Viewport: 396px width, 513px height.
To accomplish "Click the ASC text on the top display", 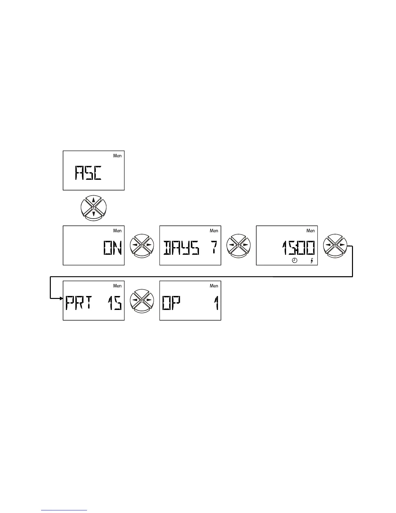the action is pyautogui.click(x=88, y=173).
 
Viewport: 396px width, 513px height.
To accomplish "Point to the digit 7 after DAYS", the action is pyautogui.click(x=213, y=248).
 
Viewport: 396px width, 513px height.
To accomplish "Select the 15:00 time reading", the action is pyautogui.click(x=298, y=249).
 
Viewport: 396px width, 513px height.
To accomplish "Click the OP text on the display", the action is pyautogui.click(x=171, y=303).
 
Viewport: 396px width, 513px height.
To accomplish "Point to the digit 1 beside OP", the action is pyautogui.click(x=216, y=303).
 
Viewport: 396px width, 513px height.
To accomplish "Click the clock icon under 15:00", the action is pyautogui.click(x=295, y=261).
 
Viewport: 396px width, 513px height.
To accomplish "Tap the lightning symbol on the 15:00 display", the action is pyautogui.click(x=312, y=261).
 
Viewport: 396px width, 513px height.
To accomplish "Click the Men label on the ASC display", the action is pyautogui.click(x=117, y=156).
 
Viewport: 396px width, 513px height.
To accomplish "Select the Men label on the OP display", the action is pyautogui.click(x=214, y=286).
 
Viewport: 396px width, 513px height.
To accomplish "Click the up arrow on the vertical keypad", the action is pyautogui.click(x=93, y=200).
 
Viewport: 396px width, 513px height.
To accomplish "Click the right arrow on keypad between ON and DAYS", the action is pyautogui.click(x=148, y=245).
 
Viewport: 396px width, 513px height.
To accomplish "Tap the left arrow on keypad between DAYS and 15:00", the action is pyautogui.click(x=232, y=245).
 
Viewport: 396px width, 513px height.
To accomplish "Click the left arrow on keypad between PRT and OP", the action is pyautogui.click(x=135, y=300).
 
